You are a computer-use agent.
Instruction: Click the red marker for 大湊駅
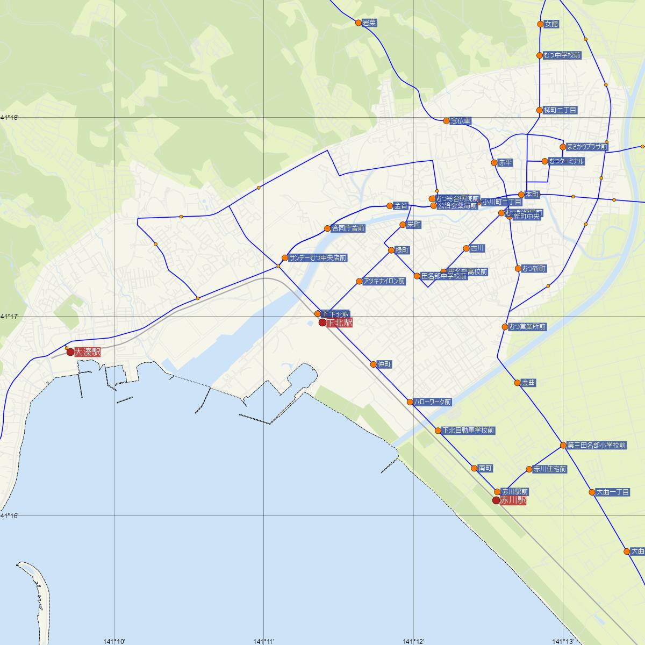[x=70, y=352]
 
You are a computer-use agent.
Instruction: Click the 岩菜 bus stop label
[x=369, y=23]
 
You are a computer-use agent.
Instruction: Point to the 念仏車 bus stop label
[x=461, y=121]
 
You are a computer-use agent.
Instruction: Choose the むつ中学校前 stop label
[x=562, y=55]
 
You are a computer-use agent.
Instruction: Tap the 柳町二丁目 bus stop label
[x=560, y=110]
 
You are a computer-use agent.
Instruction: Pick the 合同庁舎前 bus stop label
[x=348, y=228]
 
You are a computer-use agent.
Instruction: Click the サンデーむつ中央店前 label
[x=318, y=258]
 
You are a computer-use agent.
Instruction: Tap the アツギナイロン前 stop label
[x=384, y=281]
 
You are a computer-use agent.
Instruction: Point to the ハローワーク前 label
[x=433, y=402]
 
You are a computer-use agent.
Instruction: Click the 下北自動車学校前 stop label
[x=468, y=431]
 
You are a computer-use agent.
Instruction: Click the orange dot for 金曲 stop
[x=517, y=383]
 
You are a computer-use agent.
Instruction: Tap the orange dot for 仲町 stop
[x=374, y=364]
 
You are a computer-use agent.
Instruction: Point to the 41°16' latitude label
[x=9, y=516]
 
